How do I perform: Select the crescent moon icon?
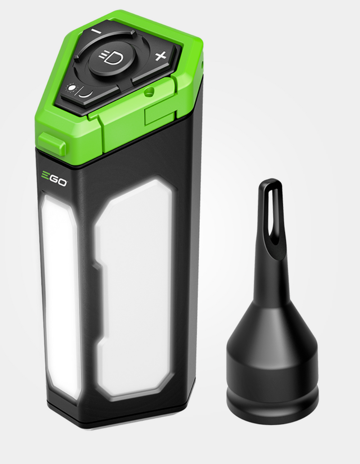(x=85, y=93)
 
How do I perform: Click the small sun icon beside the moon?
(x=71, y=87)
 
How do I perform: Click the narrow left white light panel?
(x=58, y=292)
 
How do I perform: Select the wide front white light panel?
(x=135, y=288)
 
